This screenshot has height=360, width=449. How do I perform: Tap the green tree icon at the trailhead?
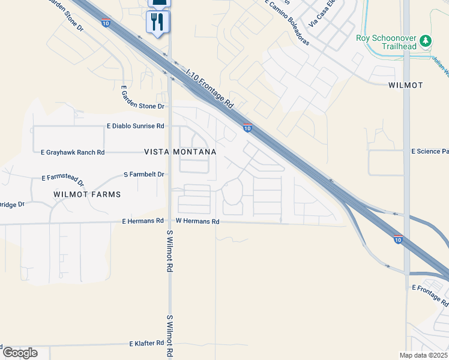pos(426,40)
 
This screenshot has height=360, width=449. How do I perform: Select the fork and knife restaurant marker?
pos(158,22)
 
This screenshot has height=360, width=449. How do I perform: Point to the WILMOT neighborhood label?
pos(405,85)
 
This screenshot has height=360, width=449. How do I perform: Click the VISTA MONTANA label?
pos(180,152)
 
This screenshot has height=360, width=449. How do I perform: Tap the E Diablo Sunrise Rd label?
pos(135,126)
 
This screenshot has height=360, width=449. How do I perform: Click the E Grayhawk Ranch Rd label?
pos(73,152)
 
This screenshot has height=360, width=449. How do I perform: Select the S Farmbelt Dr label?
pos(143,174)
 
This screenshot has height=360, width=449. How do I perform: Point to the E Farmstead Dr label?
pos(62,177)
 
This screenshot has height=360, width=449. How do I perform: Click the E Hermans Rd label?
pos(143,221)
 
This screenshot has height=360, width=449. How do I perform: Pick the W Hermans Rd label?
pos(197,221)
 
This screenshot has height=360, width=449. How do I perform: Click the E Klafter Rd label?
pos(146,344)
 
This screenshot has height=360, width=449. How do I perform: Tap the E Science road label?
pos(430,152)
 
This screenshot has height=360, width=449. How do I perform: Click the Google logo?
pos(20,352)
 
